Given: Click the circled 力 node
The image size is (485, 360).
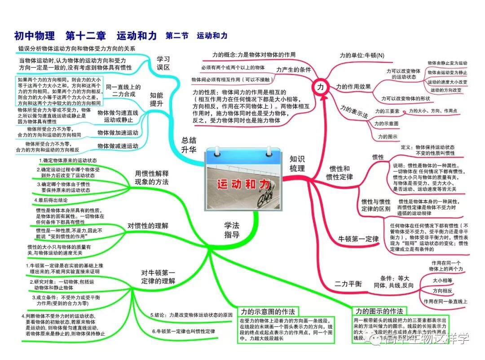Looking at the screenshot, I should coord(320,87).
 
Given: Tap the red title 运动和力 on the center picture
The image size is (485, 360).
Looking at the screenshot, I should coord(244,184).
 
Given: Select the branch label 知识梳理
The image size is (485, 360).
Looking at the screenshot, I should coord(297,164).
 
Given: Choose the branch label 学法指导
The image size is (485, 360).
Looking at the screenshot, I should coord(232,229).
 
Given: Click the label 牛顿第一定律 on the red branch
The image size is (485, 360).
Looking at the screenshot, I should coord(358,239).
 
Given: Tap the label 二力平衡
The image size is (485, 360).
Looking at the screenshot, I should coord(348,284).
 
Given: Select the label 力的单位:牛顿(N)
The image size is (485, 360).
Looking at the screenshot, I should coord(362,56).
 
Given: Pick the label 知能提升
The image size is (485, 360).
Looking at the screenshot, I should coord(157,99).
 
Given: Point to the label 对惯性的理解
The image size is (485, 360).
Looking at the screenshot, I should coord(148,226).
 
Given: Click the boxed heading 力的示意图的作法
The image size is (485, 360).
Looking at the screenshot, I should coord(268,312).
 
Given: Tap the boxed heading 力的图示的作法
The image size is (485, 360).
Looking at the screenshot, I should coord(379,311).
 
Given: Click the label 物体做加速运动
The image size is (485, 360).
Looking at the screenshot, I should coord(118,133).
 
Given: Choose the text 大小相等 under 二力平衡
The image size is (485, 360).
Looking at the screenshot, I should coord(442,280).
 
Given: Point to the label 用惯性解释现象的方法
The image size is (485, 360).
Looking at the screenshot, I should coord(152,178).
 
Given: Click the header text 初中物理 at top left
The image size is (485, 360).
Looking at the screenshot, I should coord(34,35).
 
